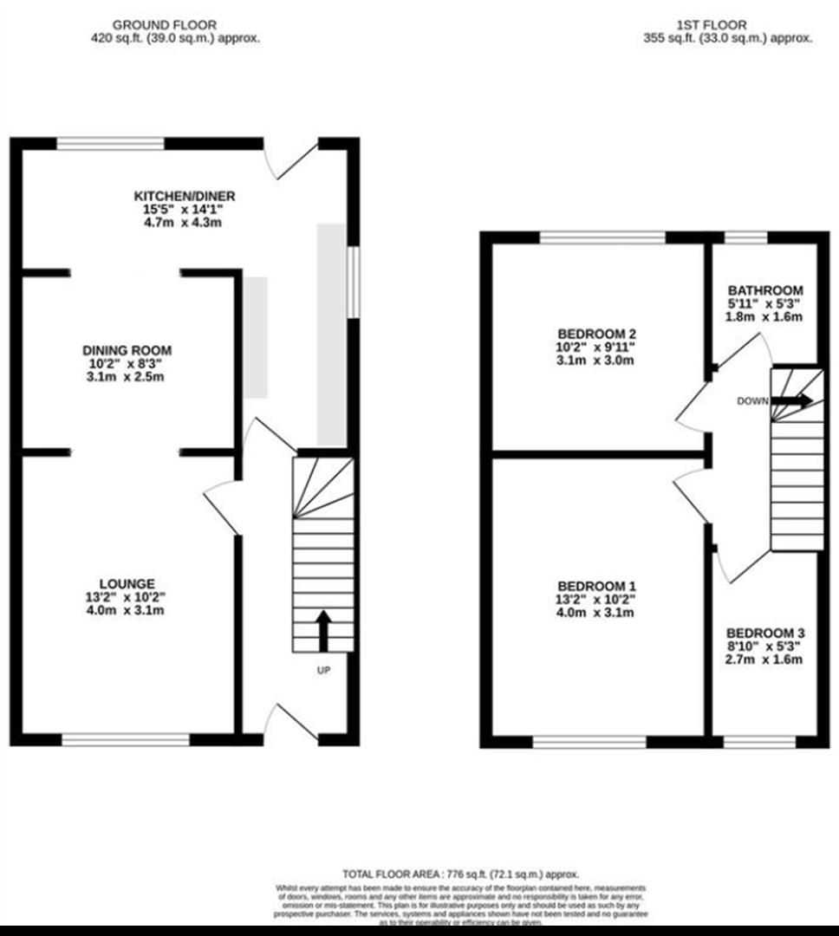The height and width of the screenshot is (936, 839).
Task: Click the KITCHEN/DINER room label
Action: pos(184,196)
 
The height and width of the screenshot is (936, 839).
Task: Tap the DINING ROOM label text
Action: pos(127,350)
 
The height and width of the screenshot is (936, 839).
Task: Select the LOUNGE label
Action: pos(127,584)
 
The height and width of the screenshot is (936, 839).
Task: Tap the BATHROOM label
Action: pos(765,290)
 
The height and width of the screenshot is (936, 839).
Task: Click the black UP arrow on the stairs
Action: pos(323,630)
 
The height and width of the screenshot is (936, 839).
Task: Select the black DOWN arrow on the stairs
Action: pos(792,400)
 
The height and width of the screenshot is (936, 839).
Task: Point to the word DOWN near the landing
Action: pos(751,401)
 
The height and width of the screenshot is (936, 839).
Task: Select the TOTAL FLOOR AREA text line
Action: pos(460,874)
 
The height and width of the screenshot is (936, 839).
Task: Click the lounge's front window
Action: pos(126,739)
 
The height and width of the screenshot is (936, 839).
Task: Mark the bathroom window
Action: pos(746,237)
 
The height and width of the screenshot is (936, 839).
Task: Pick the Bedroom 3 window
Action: pos(758,741)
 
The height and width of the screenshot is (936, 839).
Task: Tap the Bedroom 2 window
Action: pos(602,237)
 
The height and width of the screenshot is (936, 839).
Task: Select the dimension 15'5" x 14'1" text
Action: pos(184,209)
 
